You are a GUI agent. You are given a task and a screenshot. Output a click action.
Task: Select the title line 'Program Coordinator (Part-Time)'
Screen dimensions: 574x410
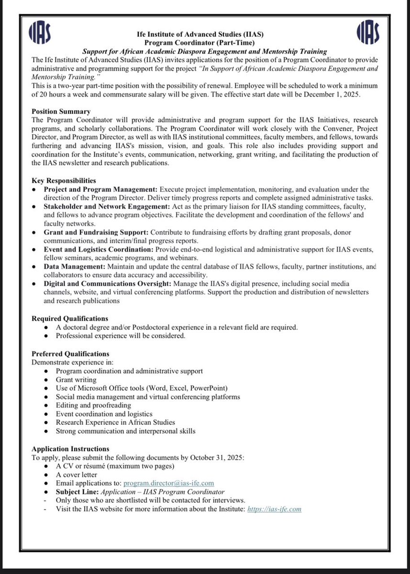click(x=205, y=43)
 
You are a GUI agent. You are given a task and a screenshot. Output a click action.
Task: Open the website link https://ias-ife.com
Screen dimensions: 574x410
click(x=274, y=509)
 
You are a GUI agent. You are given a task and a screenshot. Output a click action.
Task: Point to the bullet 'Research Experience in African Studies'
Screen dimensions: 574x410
click(x=115, y=422)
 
